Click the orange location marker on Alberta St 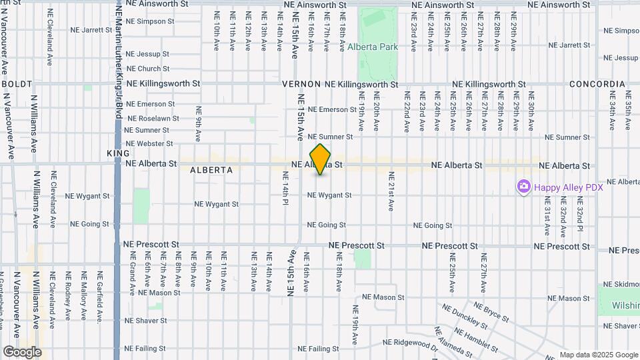(x=320, y=159)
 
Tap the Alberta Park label (x=372, y=47)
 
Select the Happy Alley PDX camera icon (x=523, y=187)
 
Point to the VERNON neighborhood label (x=301, y=85)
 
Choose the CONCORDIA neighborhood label (x=597, y=85)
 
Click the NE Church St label (x=147, y=69)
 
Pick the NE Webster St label (x=149, y=143)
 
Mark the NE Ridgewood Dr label (x=409, y=343)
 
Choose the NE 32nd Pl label (x=579, y=219)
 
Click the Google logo (x=21, y=352)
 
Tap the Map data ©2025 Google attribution (x=598, y=355)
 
